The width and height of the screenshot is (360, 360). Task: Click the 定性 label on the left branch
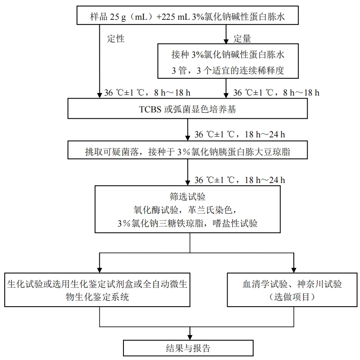pos(116,39)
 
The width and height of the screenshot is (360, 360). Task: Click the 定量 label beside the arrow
pos(242,39)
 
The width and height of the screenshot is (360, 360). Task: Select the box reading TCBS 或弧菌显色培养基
pos(188,109)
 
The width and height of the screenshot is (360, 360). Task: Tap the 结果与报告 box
pos(188,348)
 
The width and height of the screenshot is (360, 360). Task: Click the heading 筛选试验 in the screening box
pos(188,196)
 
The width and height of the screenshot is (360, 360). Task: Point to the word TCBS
pos(150,109)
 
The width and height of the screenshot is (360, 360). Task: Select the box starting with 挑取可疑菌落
pos(188,150)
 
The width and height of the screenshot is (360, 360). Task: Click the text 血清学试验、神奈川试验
pos(292,284)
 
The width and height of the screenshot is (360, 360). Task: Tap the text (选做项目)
pos(292,297)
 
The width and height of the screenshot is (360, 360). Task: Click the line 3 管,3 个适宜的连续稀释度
pos(228,70)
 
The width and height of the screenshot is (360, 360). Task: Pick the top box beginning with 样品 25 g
pos(188,15)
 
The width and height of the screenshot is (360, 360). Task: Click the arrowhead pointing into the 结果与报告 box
pos(190,337)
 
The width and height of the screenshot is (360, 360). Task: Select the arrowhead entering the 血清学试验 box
pos(294,270)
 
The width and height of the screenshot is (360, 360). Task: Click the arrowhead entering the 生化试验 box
pos(99,270)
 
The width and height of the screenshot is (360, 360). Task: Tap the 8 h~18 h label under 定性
pos(172,93)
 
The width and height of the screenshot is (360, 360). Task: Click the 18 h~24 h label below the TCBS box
pos(265,134)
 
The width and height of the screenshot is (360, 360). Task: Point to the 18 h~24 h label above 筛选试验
pos(265,180)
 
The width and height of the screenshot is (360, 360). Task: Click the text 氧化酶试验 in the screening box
pos(156,210)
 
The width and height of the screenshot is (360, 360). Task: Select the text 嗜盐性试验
pos(235,223)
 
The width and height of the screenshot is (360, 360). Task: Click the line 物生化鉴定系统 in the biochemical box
pos(97,297)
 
